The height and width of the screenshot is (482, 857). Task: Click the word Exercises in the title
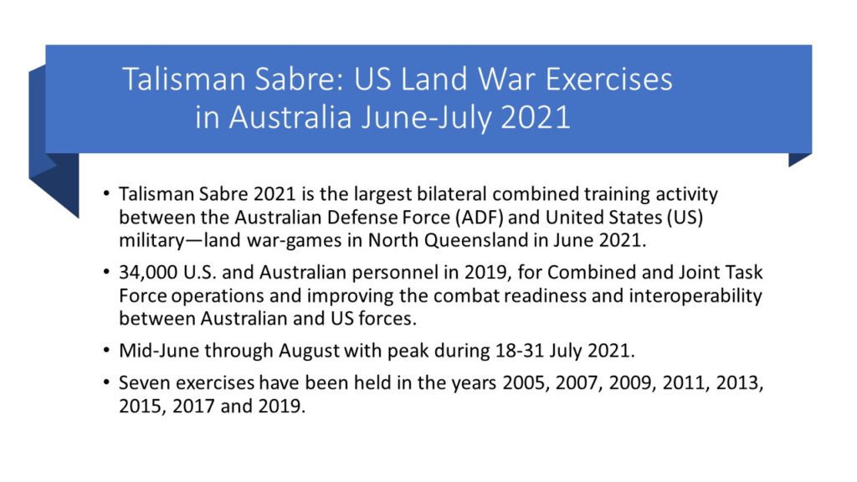(x=608, y=79)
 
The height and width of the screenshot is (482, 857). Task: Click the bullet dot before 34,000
(x=106, y=272)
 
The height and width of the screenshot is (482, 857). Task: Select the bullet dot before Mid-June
(x=106, y=350)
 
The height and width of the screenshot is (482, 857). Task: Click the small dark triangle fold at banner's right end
(x=797, y=158)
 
